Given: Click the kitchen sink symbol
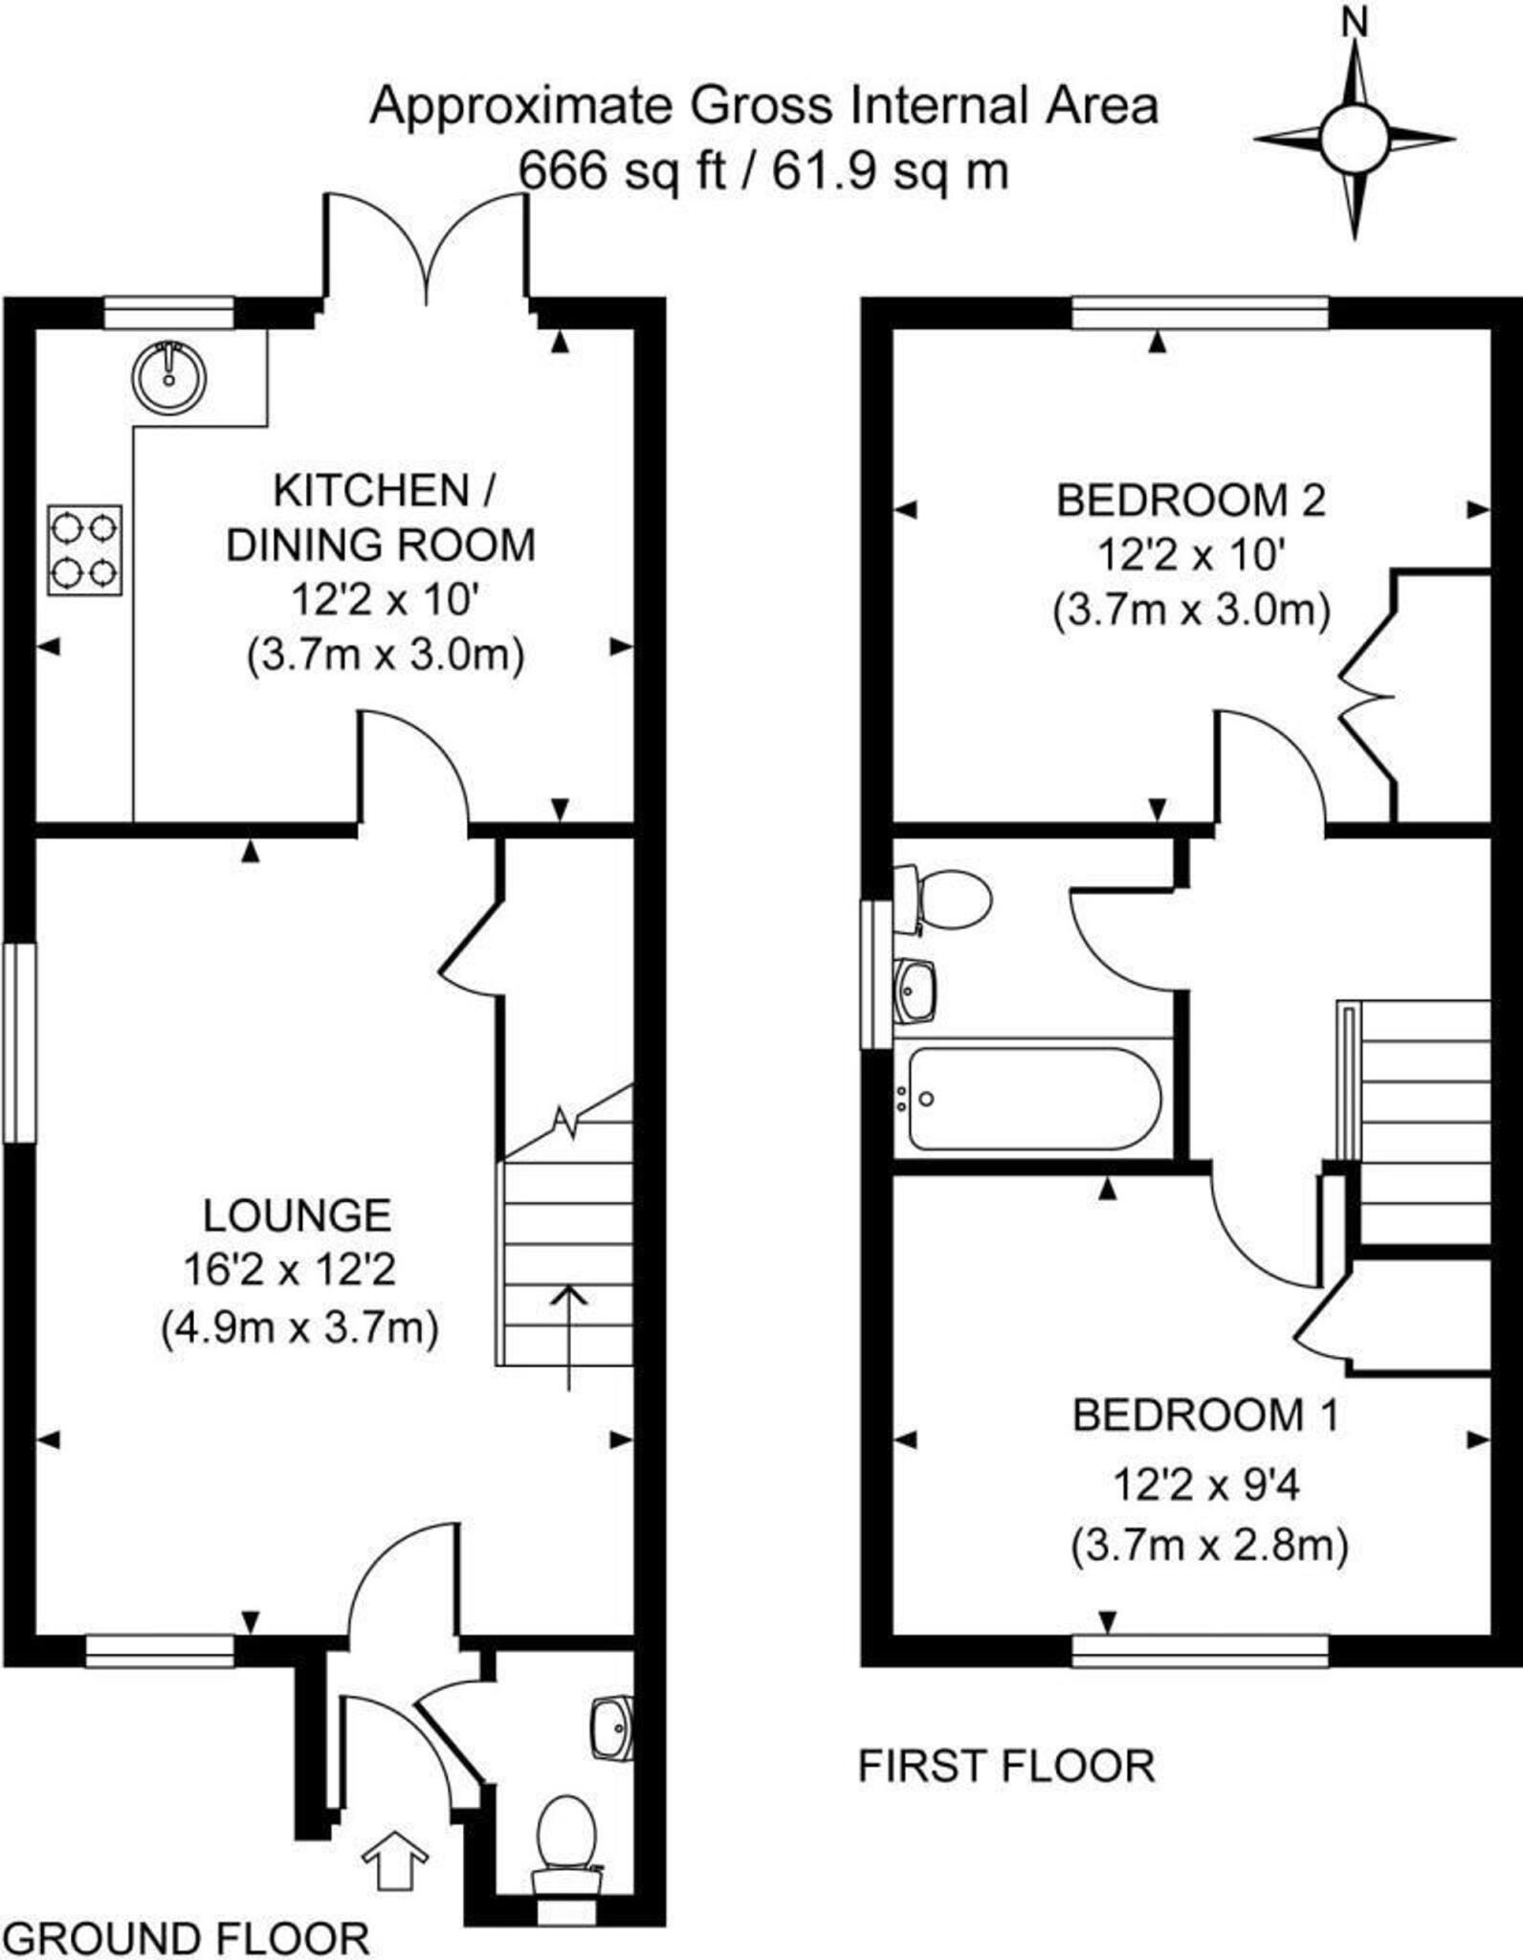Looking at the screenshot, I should pos(169,377).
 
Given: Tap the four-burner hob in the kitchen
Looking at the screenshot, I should pos(85,550).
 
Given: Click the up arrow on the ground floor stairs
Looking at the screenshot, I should pos(570,1336).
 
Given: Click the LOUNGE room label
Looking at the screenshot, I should pos(298,1215).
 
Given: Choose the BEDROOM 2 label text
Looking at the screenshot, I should pos(1191,501).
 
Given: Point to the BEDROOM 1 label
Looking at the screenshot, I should pos(1205,1414).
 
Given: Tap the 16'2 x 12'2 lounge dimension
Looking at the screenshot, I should pos(289,1271).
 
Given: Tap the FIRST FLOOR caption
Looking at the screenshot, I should pos(1006,1766).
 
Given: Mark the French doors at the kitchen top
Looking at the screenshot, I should pos(427,249).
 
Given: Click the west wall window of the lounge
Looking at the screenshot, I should pos(18,1042).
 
